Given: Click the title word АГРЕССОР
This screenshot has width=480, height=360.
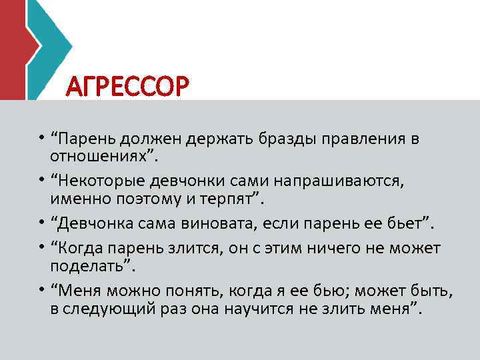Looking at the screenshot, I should [x=129, y=86].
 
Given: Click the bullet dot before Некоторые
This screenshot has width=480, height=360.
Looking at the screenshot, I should [x=42, y=181].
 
